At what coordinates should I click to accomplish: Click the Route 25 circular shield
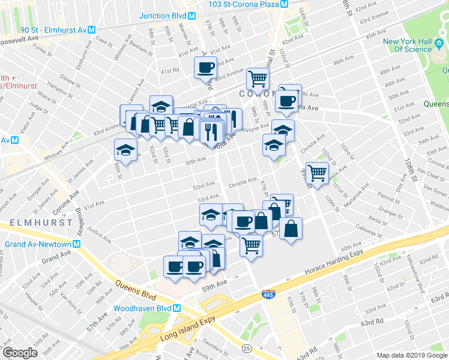click(x=246, y=347)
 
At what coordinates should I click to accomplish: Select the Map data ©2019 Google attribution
click(x=412, y=355)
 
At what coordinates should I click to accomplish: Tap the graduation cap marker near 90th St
click(x=125, y=149)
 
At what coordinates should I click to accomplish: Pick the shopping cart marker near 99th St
click(x=316, y=172)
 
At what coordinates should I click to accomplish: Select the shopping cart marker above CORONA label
click(x=258, y=77)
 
